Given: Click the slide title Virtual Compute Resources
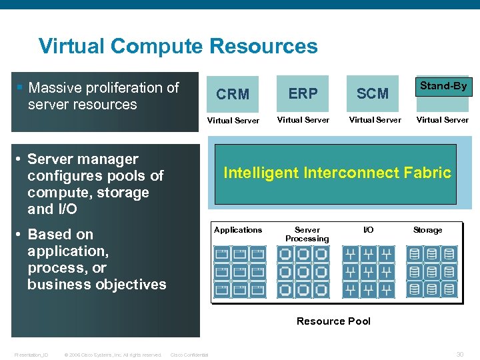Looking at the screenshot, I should pyautogui.click(x=178, y=47).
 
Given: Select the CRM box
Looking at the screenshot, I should pyautogui.click(x=233, y=94).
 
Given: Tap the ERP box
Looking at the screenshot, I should pyautogui.click(x=303, y=93).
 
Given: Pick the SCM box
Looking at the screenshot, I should pyautogui.click(x=372, y=93).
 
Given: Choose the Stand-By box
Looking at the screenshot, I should pyautogui.click(x=443, y=86).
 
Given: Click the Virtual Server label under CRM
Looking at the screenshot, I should pyautogui.click(x=233, y=121).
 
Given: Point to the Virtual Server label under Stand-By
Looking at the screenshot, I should pyautogui.click(x=443, y=120).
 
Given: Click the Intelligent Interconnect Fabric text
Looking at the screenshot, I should pyautogui.click(x=337, y=173).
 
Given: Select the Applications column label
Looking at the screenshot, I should pyautogui.click(x=238, y=230).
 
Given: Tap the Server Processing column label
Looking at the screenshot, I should pyautogui.click(x=307, y=234).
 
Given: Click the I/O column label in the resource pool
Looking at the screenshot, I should pyautogui.click(x=368, y=230).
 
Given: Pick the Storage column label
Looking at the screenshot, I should pyautogui.click(x=427, y=230).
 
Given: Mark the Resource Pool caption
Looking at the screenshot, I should pyautogui.click(x=333, y=321).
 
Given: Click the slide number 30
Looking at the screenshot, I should pyautogui.click(x=459, y=354).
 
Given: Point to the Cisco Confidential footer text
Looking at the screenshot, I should pyautogui.click(x=189, y=355).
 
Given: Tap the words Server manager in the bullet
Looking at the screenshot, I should pyautogui.click(x=83, y=159).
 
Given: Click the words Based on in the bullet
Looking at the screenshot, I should pyautogui.click(x=60, y=235).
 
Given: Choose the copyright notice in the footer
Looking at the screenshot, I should pyautogui.click(x=113, y=355).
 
